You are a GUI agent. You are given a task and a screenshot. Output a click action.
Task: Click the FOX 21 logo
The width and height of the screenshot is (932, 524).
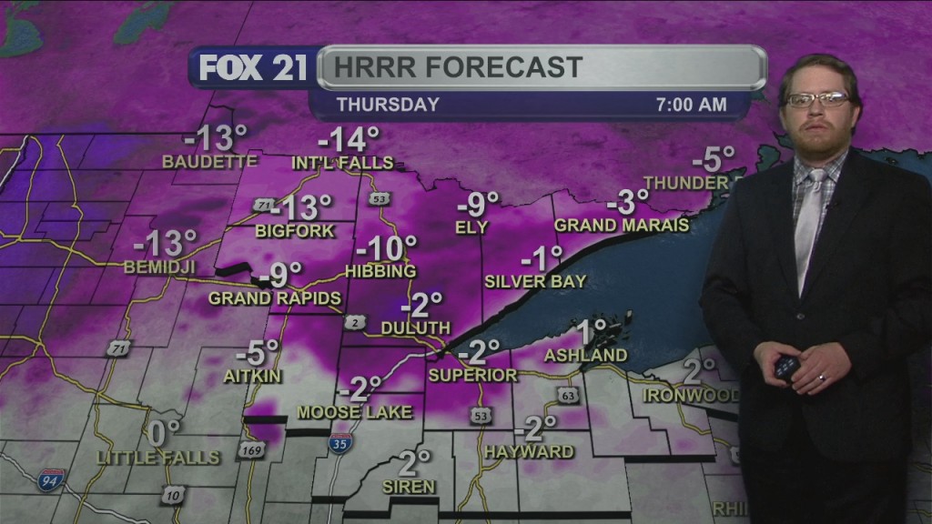pos(254,69)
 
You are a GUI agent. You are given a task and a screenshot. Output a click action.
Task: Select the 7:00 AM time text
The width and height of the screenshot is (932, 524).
pos(692,105)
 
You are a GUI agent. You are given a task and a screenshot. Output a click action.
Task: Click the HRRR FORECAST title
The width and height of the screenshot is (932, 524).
pos(457,67)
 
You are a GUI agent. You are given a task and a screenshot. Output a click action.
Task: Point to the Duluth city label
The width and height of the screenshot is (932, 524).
pos(416,327)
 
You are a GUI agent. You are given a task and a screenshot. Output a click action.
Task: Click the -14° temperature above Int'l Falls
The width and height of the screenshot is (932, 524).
pos(348,141)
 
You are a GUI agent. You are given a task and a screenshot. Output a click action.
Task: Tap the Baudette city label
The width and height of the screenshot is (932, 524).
pos(209,162)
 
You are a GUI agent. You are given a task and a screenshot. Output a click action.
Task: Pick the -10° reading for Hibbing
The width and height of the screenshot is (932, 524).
pos(386,248)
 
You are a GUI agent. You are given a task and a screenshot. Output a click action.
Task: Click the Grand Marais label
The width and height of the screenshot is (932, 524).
pos(622,225)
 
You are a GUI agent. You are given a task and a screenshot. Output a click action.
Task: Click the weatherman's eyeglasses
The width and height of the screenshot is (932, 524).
pos(817,99)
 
